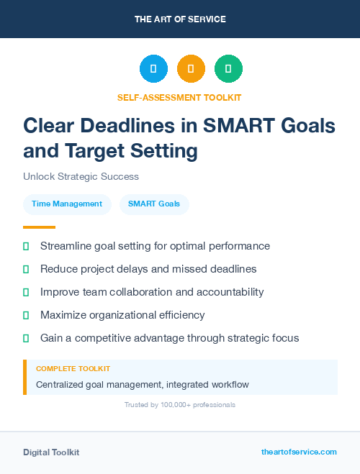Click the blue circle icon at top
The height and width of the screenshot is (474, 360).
[x=153, y=69]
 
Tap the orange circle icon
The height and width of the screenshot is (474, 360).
[x=191, y=69]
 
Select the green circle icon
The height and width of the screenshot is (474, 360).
[x=228, y=69]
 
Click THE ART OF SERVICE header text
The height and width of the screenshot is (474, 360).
[x=180, y=19]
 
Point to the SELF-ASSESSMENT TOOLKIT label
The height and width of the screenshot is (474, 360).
[x=179, y=97]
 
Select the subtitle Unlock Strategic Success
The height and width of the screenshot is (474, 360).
[x=81, y=176]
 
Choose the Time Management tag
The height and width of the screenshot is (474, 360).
[x=67, y=204]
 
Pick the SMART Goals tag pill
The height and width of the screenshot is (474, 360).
[x=154, y=204]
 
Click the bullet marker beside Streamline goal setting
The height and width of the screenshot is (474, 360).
[x=26, y=246]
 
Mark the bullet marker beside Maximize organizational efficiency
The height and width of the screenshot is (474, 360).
[x=26, y=315]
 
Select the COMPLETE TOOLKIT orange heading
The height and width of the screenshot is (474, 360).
[x=73, y=368]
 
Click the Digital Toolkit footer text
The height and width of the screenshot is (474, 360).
[x=51, y=452]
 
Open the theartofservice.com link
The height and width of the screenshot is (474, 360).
[x=299, y=452]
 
